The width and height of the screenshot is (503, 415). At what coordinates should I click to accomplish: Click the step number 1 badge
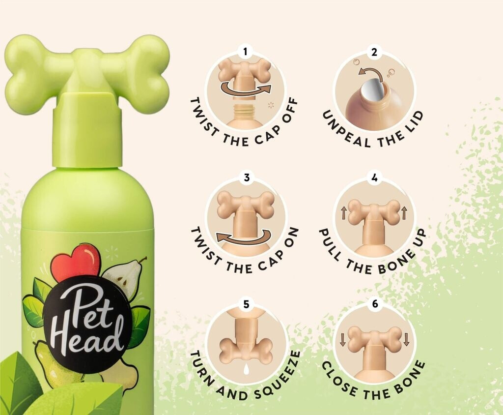tap(246, 52)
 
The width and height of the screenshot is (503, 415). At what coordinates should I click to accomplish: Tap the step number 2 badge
tap(374, 52)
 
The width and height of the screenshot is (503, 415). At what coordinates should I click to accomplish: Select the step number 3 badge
tap(246, 178)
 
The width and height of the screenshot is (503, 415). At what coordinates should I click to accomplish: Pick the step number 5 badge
tap(246, 304)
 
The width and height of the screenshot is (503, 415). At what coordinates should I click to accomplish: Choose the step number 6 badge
tap(375, 304)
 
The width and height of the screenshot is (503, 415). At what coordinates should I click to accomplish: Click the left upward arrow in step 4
tap(344, 212)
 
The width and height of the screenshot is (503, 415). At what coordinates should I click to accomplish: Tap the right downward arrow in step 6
tap(406, 339)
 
